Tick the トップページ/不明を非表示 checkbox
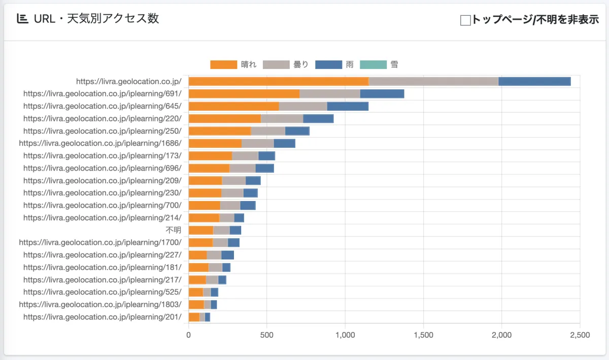tap(465, 20)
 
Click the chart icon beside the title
tap(22, 19)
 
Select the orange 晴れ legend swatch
tap(223, 64)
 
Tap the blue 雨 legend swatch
tap(328, 64)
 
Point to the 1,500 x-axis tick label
tap(423, 335)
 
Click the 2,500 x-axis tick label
tap(580, 335)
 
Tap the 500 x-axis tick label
tap(267, 335)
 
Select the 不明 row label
tap(173, 230)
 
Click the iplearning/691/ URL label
tap(102, 93)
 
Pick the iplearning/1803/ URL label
tap(100, 305)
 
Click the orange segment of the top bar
tap(278, 81)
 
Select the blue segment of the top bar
tap(534, 81)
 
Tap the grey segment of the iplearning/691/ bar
tap(329, 93)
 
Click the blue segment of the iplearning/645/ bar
tap(348, 106)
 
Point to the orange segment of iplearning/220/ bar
tap(224, 118)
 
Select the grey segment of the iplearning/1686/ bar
tap(257, 143)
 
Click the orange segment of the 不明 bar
tap(200, 230)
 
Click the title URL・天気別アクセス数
tap(96, 19)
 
